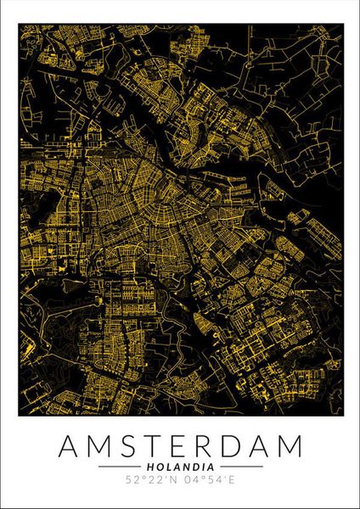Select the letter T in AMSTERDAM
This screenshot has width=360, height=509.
click(158, 446)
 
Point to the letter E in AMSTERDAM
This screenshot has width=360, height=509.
click(184, 446)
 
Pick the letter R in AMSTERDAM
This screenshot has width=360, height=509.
click(211, 446)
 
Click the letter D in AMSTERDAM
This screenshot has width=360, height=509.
click(239, 446)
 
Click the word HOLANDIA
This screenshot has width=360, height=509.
click(181, 467)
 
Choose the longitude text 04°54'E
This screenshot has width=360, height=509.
click(209, 481)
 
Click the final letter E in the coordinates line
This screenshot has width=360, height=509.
click(230, 481)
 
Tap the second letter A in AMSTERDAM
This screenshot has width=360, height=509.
click(266, 446)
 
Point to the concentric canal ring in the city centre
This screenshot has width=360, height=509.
click(149, 208)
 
